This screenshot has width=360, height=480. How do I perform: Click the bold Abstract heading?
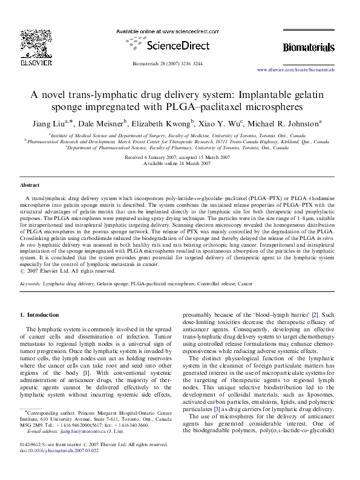coord(30,185)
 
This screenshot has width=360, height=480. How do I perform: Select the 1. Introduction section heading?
coord(40,315)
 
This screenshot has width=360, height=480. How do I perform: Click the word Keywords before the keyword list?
coord(31,283)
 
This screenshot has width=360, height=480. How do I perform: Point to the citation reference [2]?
coord(314,315)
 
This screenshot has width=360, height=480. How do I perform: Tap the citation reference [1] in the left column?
coord(87,372)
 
